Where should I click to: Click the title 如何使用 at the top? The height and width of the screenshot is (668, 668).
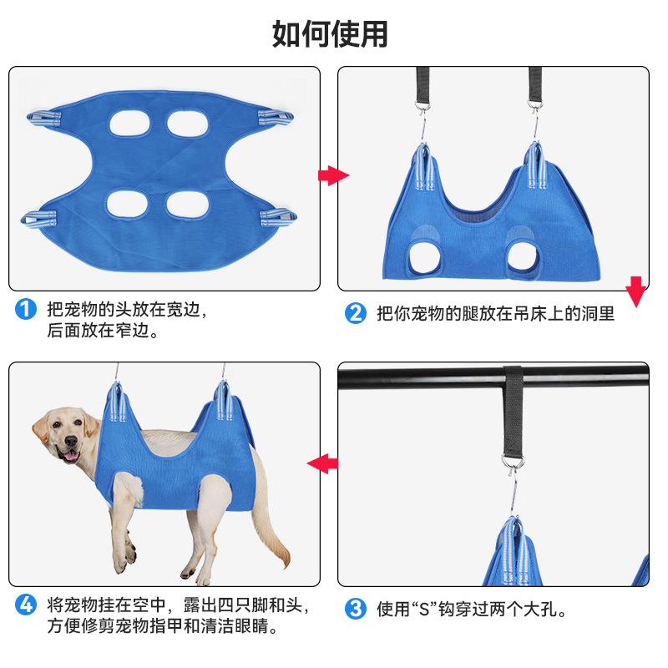coord(330,33)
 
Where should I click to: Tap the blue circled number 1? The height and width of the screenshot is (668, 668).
coord(26,309)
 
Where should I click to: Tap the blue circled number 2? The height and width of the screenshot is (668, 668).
coord(356,313)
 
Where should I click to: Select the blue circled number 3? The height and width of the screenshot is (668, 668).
coord(356,609)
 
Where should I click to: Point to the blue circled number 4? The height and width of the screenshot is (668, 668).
coord(26,605)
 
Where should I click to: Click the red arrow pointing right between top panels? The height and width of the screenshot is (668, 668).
coord(333,175)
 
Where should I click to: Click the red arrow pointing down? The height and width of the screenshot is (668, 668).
coord(636,291)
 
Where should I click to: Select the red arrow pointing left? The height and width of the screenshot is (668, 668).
coord(322,463)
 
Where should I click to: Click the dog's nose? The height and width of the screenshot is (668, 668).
coord(71,441)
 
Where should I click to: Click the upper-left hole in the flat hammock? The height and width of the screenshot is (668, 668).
coord(129,123)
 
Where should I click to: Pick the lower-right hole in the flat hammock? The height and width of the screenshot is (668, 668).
coord(187,204)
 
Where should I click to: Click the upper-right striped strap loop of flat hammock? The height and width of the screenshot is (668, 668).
coord(276,117)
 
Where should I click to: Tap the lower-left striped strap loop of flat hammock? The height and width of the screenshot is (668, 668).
coord(38,219)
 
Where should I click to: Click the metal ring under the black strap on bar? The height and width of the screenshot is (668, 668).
coord(513,461)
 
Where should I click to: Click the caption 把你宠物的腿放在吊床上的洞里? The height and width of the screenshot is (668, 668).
coord(495,314)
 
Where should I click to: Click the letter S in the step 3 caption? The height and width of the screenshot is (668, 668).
coord(424,610)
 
